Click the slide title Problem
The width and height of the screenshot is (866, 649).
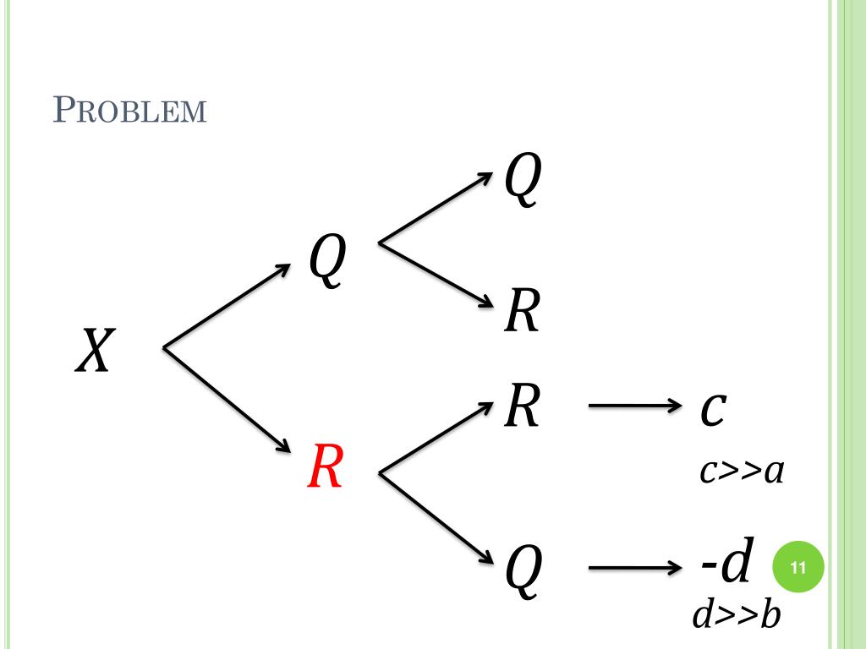point(130,111)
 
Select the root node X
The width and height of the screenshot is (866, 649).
point(94,351)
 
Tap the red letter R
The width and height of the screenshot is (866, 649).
point(324,467)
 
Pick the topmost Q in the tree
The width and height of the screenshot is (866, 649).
point(521,181)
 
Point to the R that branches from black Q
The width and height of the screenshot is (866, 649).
point(521,311)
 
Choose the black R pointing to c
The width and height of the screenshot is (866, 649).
point(521,406)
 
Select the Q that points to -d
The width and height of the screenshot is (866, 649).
point(521,570)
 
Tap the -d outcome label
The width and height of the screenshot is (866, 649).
point(726,564)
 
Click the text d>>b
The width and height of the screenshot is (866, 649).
point(735,616)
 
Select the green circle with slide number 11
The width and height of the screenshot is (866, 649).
point(797,568)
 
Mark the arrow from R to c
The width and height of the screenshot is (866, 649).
point(634,407)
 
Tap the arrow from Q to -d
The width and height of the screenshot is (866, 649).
point(634,567)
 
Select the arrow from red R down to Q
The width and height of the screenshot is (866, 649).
point(436,517)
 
